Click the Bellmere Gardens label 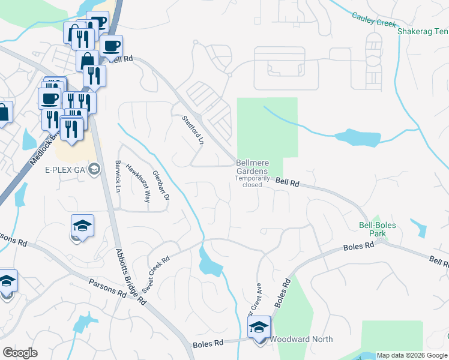pos(252,167)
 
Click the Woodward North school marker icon pos(259,328)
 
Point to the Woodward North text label pos(301,339)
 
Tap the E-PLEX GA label pos(65,170)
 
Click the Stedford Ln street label pos(193,129)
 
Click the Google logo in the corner pos(20,353)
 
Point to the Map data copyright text pos(412,356)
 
